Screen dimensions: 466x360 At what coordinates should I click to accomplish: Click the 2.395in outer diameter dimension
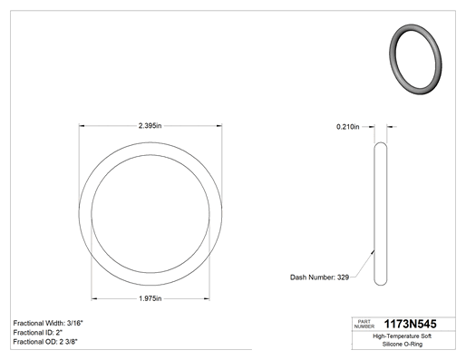(150, 126)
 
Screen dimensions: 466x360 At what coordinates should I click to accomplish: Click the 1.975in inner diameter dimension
(150, 298)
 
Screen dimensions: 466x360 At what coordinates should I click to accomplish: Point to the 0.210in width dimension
(348, 127)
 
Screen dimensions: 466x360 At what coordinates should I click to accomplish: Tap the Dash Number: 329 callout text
(319, 277)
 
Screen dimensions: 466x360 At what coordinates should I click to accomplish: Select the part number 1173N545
(410, 324)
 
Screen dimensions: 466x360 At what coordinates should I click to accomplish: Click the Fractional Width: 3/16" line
(48, 323)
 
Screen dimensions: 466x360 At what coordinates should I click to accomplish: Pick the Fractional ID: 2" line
(38, 333)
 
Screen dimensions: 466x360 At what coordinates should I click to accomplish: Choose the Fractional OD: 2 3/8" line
(45, 342)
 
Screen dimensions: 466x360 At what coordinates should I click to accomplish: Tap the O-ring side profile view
(381, 214)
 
